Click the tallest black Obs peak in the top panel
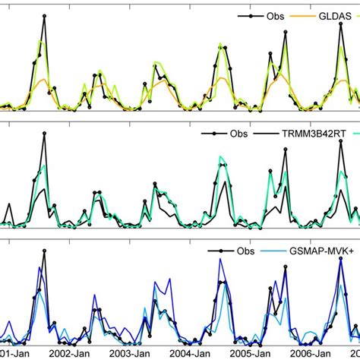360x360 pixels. pyautogui.click(x=45, y=15)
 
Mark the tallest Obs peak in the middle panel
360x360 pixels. pyautogui.click(x=45, y=134)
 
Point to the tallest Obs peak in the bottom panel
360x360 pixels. pyautogui.click(x=45, y=251)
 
